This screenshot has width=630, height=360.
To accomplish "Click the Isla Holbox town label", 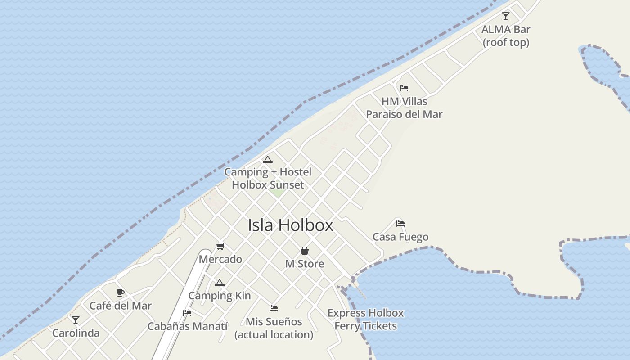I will [290, 225].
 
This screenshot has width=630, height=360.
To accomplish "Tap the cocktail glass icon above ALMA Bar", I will [506, 16].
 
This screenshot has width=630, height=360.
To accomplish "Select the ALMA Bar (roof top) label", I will [506, 36].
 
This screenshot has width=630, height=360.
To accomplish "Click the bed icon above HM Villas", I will [404, 88].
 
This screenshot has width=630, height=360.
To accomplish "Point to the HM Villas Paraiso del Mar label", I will [404, 108].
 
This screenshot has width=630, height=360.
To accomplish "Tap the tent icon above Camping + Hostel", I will [268, 159].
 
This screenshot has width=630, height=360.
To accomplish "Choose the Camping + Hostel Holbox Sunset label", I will [268, 179].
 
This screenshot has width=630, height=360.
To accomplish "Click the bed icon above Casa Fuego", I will [400, 224].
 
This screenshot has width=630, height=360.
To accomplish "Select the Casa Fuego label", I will [400, 237].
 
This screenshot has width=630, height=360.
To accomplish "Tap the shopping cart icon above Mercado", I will [220, 246].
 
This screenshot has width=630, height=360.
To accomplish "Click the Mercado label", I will [220, 260].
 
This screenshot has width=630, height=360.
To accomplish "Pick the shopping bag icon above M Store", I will [305, 251].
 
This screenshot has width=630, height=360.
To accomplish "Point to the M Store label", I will [305, 264].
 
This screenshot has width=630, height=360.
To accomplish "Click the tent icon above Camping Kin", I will [219, 283].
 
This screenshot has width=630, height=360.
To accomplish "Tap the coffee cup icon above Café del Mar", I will [121, 293].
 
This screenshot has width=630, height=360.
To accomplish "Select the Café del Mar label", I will [121, 306].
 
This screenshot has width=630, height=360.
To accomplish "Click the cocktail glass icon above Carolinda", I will [76, 320].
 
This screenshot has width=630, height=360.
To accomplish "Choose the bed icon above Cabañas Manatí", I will [187, 313].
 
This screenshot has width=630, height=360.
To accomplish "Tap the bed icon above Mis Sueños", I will [274, 308].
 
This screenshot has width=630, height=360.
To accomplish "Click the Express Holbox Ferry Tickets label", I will [365, 319].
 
